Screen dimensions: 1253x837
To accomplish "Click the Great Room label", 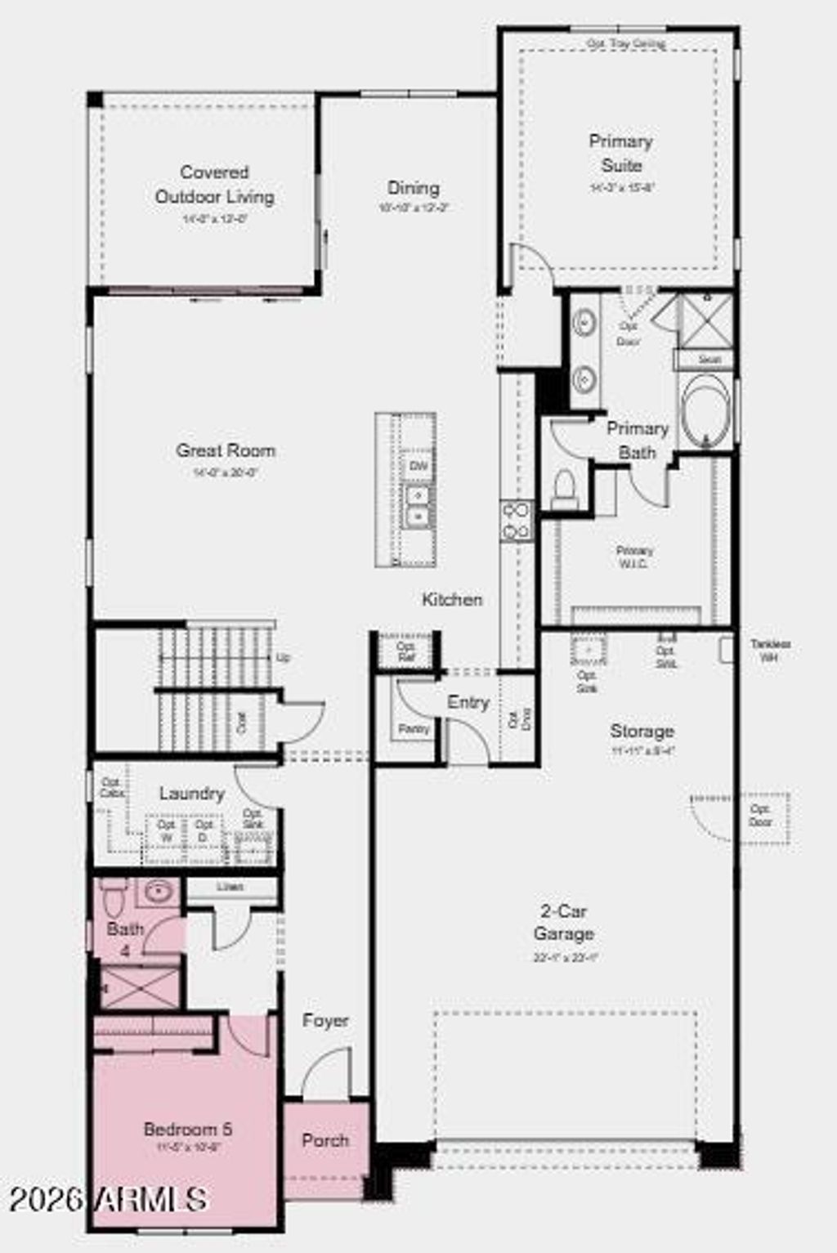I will pos(226,450).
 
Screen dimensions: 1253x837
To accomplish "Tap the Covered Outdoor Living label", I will pos(214,185).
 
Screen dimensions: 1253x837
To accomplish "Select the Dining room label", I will pos(414,188).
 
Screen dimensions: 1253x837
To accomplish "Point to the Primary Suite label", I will pos(621,153).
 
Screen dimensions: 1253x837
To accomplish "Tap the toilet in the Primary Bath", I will pos(565,489).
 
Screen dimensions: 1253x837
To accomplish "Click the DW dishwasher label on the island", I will pos(418,466).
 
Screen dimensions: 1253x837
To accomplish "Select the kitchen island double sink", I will pos(418,506).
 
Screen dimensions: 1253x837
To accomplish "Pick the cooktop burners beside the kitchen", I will pos(517,521).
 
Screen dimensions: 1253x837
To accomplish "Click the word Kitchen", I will pos(452,599).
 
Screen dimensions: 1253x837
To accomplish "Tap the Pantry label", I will pos(414,728).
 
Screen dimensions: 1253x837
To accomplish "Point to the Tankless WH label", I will pos(770,650).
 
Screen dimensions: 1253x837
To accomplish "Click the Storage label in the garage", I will pos(642,731).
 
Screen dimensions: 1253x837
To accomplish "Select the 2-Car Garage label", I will pos(563,922).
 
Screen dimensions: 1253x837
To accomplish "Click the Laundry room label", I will pos(191,793).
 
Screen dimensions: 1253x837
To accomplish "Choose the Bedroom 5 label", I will pos(187,1129).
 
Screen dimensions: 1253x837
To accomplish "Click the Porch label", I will pos(325,1140).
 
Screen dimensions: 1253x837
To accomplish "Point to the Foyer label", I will pos(325,1020).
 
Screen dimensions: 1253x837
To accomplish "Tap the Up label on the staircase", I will pos(283,657).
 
